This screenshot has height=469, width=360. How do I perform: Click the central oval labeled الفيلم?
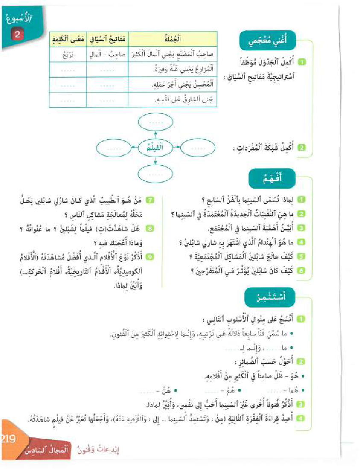[x=155, y=148]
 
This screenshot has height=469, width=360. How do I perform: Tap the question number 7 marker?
[x=150, y=200]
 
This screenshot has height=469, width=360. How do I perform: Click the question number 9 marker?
[x=150, y=256]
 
